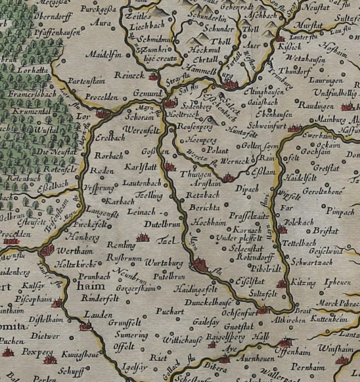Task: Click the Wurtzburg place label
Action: [x=164, y=263]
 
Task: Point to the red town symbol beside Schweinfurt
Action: [x=294, y=128]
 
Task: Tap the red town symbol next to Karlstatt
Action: [x=170, y=166]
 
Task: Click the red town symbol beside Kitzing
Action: [x=282, y=283]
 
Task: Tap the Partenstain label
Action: [x=86, y=81]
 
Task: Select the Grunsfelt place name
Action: [x=125, y=322]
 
